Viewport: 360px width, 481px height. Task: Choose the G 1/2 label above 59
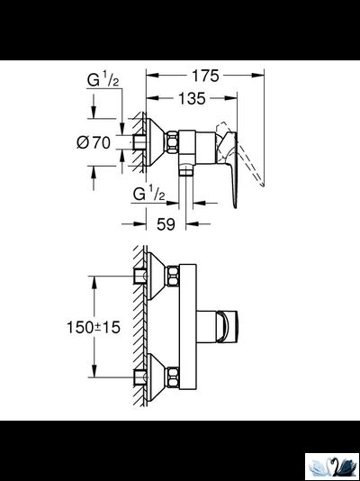click(x=148, y=194)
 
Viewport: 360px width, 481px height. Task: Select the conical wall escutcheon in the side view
click(x=152, y=141)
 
